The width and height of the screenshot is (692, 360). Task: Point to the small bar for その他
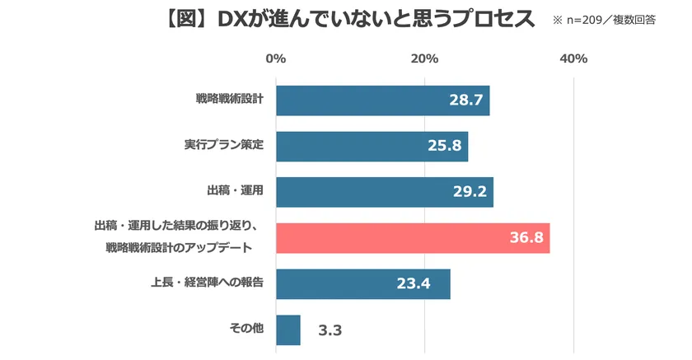[288, 330]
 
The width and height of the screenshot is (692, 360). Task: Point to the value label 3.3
[330, 331]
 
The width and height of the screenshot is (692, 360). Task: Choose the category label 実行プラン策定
[223, 146]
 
